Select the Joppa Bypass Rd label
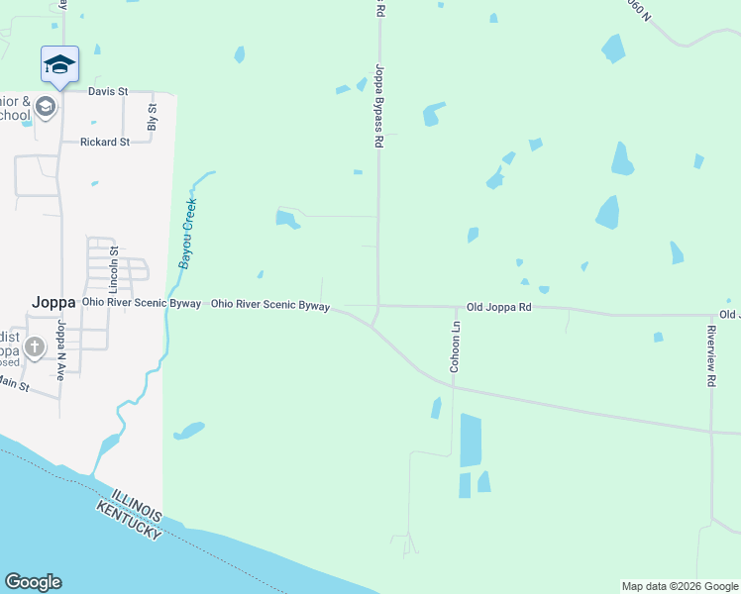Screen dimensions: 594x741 click(378, 107)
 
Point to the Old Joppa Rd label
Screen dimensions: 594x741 click(498, 308)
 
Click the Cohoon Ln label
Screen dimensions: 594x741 click(456, 346)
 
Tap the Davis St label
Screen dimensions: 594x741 click(108, 91)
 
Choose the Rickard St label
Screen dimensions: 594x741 click(105, 142)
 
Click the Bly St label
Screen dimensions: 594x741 click(153, 117)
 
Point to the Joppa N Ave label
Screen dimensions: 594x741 click(60, 349)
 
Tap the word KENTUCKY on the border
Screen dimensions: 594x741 click(129, 520)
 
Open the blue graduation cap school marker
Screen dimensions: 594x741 click(59, 64)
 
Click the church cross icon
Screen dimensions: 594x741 click(35, 346)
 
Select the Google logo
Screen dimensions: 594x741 click(33, 582)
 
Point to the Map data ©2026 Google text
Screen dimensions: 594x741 click(679, 586)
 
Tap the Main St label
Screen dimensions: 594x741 click(14, 382)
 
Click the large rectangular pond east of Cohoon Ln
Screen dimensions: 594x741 click(471, 441)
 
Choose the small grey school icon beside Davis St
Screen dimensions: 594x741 click(45, 106)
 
